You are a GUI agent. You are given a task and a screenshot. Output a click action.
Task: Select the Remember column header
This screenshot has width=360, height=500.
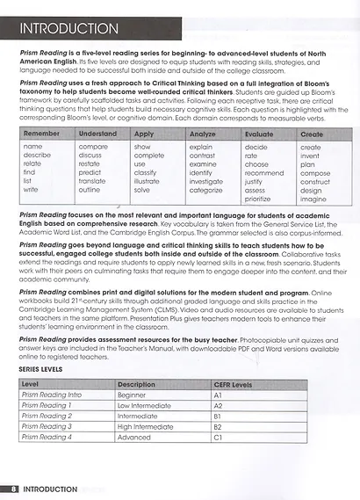(x=42, y=134)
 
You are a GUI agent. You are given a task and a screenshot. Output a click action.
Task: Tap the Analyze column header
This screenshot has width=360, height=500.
(x=202, y=134)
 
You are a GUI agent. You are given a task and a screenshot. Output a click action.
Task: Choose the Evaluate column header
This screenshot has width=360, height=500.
(x=261, y=134)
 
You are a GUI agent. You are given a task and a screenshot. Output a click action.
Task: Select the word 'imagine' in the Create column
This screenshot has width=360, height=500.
(x=313, y=199)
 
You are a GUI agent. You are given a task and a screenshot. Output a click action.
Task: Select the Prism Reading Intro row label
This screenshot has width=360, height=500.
(x=51, y=395)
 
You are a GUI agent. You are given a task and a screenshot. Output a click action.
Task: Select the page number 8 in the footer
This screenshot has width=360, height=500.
(x=13, y=487)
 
